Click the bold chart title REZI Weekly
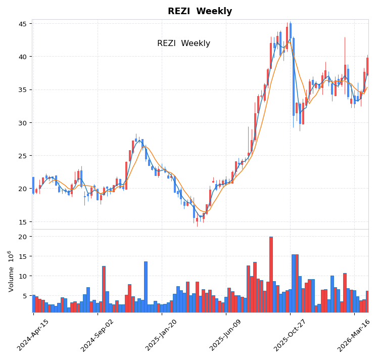[x=200, y=12]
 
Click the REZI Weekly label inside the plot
[x=183, y=43]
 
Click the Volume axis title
[x=11, y=271]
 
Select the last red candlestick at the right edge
[x=367, y=66]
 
